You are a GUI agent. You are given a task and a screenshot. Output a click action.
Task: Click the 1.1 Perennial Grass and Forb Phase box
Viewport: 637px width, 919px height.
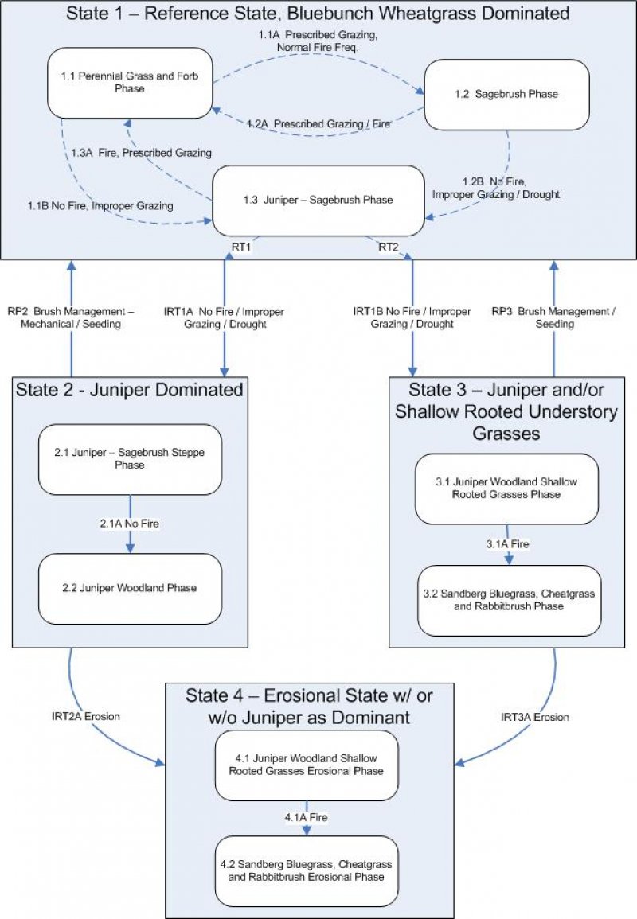coord(130,83)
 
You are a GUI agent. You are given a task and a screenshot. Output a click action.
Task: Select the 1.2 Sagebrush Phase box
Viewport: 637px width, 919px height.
coord(506,94)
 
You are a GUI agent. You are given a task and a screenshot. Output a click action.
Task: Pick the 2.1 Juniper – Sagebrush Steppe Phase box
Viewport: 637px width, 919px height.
coord(129,459)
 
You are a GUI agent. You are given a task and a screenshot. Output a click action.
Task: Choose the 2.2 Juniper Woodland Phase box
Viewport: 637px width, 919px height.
coord(129,589)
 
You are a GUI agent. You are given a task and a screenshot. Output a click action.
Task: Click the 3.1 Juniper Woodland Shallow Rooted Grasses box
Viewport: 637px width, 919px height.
coord(507,489)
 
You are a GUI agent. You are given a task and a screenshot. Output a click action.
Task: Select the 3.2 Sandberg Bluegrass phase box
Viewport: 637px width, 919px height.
coord(509,601)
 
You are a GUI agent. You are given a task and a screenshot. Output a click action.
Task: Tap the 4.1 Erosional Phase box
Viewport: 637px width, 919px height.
coord(306,765)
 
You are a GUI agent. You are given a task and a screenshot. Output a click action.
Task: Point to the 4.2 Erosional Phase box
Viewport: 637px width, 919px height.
coord(306,870)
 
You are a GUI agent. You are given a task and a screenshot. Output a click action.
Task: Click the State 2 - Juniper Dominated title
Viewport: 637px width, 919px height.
coord(129,390)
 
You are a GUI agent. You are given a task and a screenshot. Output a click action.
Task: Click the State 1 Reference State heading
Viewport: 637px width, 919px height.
coord(318,14)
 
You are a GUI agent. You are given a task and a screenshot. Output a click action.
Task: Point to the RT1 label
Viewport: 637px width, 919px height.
coord(242,247)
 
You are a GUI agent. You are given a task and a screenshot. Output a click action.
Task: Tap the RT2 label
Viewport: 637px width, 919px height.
coord(388,247)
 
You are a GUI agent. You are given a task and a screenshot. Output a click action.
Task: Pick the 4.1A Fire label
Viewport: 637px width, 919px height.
coord(307,817)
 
